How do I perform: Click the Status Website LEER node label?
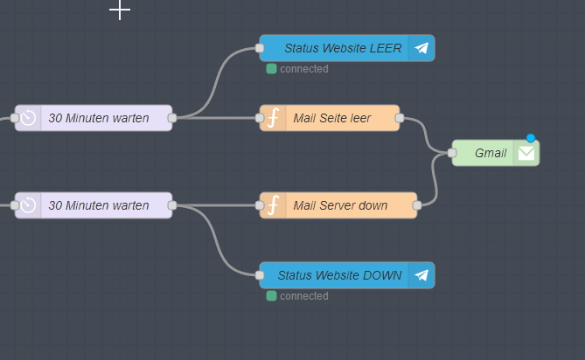click(343, 48)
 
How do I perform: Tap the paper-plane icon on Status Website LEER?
click(421, 48)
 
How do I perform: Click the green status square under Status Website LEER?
click(272, 69)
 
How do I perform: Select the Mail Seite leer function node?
click(332, 118)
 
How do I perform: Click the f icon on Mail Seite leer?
click(273, 118)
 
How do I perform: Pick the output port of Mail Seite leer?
click(400, 118)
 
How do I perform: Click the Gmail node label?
click(491, 153)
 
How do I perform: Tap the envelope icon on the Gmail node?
click(526, 153)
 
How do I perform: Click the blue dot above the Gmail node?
click(531, 138)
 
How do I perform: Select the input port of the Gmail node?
click(452, 153)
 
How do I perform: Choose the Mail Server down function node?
click(340, 205)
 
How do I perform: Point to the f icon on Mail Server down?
click(273, 205)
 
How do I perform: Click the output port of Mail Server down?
click(417, 205)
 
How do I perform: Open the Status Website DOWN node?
click(340, 275)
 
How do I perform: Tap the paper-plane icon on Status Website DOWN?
click(421, 275)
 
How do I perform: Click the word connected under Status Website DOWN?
click(304, 296)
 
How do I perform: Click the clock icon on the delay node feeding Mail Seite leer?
click(28, 118)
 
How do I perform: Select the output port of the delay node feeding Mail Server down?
click(172, 205)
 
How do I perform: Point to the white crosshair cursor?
click(120, 10)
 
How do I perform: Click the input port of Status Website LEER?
click(260, 48)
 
